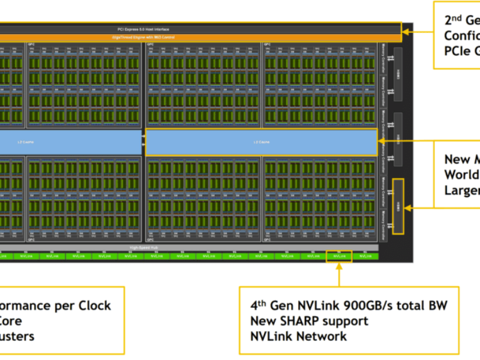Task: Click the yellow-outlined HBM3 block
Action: click(x=398, y=206)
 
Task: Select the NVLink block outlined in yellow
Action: click(x=338, y=256)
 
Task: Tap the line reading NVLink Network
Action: click(x=298, y=336)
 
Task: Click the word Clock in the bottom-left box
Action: click(x=93, y=305)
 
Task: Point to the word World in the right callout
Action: click(x=461, y=175)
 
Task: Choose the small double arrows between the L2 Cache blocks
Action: click(x=143, y=139)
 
